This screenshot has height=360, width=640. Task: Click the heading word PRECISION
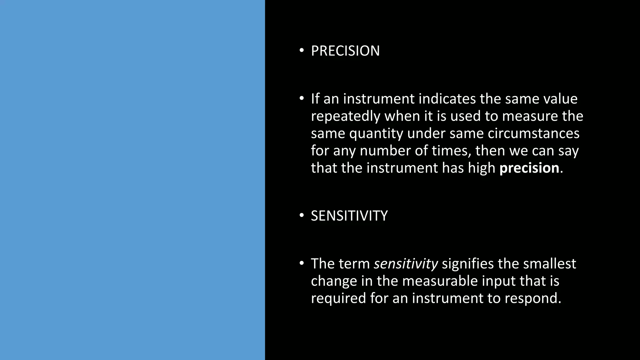click(345, 51)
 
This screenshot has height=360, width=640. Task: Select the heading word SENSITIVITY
click(349, 216)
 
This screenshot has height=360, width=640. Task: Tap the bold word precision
click(529, 168)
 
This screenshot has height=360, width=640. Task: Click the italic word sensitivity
click(406, 264)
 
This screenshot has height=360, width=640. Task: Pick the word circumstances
click(533, 134)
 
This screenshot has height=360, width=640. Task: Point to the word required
click(338, 298)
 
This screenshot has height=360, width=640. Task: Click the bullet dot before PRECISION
click(301, 51)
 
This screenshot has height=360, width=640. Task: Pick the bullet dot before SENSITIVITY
click(301, 216)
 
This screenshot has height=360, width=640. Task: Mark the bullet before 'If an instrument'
click(301, 99)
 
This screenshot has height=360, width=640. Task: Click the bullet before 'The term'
click(301, 264)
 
